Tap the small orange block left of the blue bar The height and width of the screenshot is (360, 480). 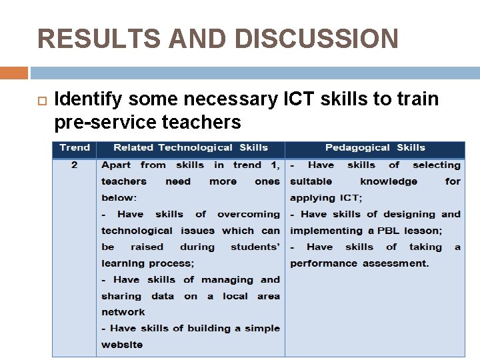[14, 73]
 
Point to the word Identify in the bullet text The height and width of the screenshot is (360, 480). [89, 100]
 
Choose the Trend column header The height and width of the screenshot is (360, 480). [75, 148]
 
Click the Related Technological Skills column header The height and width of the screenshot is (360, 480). [191, 148]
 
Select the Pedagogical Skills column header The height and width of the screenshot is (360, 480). [375, 148]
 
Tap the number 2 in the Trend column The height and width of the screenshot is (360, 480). [74, 165]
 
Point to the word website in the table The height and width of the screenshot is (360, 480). [122, 345]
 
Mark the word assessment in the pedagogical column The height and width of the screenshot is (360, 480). [395, 263]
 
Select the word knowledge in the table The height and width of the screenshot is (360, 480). [389, 181]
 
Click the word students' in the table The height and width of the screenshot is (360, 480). [255, 247]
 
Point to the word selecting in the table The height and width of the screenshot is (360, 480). [437, 165]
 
